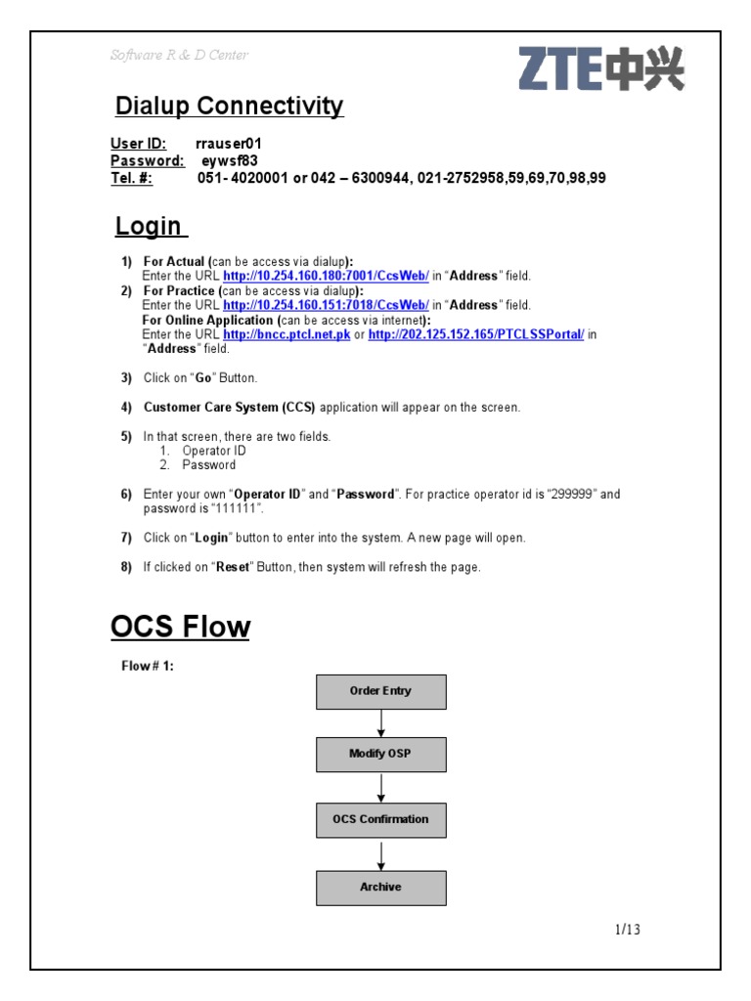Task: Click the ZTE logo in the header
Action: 600,70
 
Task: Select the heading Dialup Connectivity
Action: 229,106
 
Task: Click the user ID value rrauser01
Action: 229,144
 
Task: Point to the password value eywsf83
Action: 230,160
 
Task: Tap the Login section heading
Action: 149,226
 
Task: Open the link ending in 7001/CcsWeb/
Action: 326,277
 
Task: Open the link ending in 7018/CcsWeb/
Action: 326,305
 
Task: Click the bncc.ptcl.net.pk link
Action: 287,334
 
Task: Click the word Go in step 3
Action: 203,378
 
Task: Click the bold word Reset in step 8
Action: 232,567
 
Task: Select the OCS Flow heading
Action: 180,627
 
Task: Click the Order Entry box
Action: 380,691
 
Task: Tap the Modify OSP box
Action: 380,755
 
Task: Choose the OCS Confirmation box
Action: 380,819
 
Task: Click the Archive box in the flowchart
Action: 380,888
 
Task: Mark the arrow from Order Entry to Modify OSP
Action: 381,723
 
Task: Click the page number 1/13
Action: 627,930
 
